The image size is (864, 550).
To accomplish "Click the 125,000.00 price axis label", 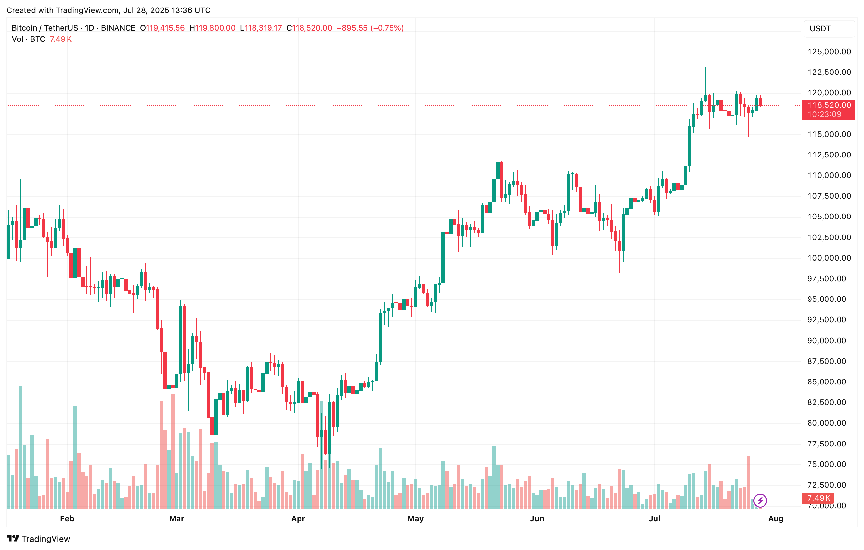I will click(x=829, y=52).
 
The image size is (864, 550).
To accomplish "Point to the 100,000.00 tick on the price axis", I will click(x=829, y=258).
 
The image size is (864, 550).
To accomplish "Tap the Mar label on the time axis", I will click(x=177, y=518).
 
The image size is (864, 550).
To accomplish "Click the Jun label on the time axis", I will click(x=537, y=518).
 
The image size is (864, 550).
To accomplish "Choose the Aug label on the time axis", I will click(x=776, y=518).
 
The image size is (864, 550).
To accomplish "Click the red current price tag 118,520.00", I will click(x=829, y=105).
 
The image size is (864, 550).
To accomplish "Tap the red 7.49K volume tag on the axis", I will click(x=818, y=498).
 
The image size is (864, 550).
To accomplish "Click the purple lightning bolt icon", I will click(x=760, y=500).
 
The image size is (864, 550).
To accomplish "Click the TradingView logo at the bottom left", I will click(x=39, y=539).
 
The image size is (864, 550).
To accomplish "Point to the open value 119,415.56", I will click(x=165, y=28).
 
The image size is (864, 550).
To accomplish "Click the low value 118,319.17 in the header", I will click(x=263, y=28).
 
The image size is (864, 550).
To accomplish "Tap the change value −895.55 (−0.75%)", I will click(x=370, y=28).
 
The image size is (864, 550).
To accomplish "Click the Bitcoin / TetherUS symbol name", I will click(x=42, y=28).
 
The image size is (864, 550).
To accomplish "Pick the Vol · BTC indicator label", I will click(x=29, y=39).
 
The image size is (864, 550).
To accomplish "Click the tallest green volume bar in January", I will click(x=20, y=447).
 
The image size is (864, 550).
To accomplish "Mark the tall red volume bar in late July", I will click(x=748, y=481).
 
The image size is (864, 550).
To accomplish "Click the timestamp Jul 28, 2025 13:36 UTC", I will click(x=167, y=10).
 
